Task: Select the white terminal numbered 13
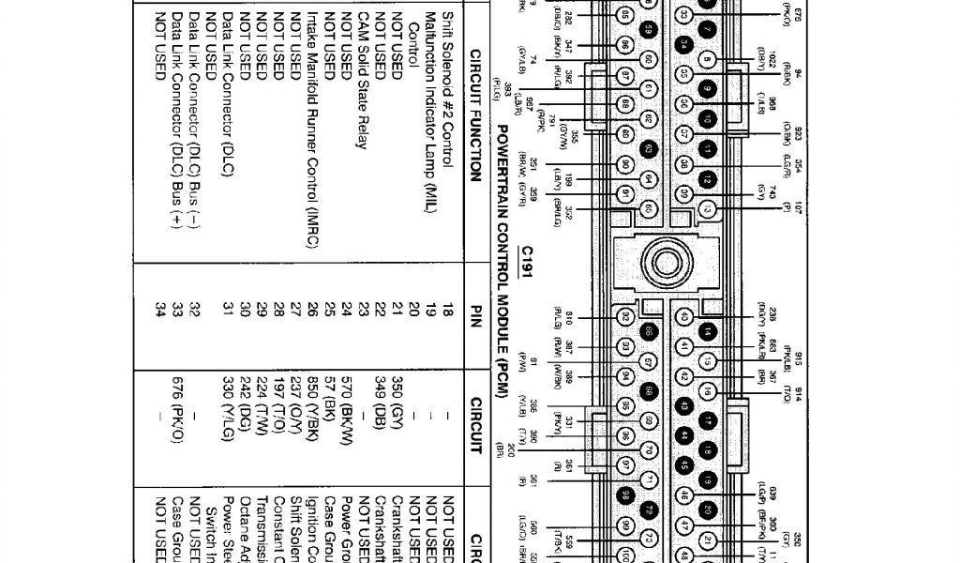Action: tap(709, 208)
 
